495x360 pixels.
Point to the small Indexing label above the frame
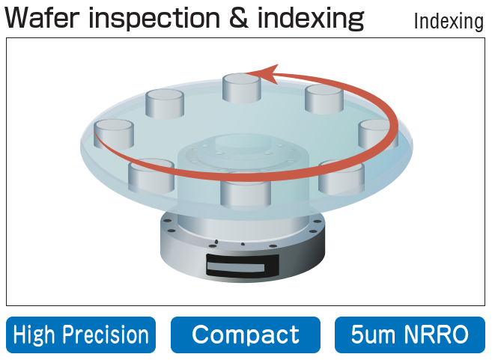click(449, 22)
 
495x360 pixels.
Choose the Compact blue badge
click(246, 335)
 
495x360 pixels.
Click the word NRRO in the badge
click(439, 335)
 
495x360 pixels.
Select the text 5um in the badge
click(374, 335)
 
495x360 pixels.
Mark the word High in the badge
click(36, 335)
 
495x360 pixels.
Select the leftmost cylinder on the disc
click(114, 133)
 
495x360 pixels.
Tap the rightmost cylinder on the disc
click(377, 132)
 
